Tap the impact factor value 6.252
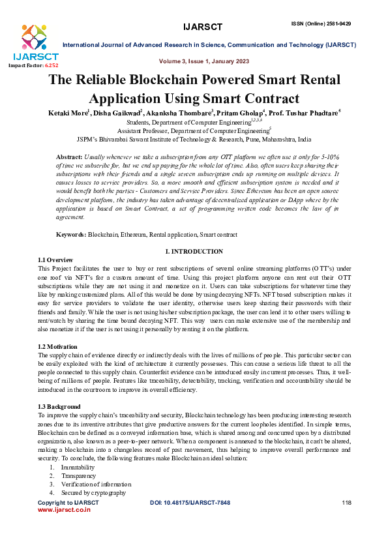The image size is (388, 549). [52, 66]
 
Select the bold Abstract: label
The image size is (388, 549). [69, 158]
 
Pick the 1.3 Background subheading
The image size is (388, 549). [59, 406]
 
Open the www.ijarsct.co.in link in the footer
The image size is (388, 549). [64, 510]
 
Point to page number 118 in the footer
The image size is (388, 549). [346, 503]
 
